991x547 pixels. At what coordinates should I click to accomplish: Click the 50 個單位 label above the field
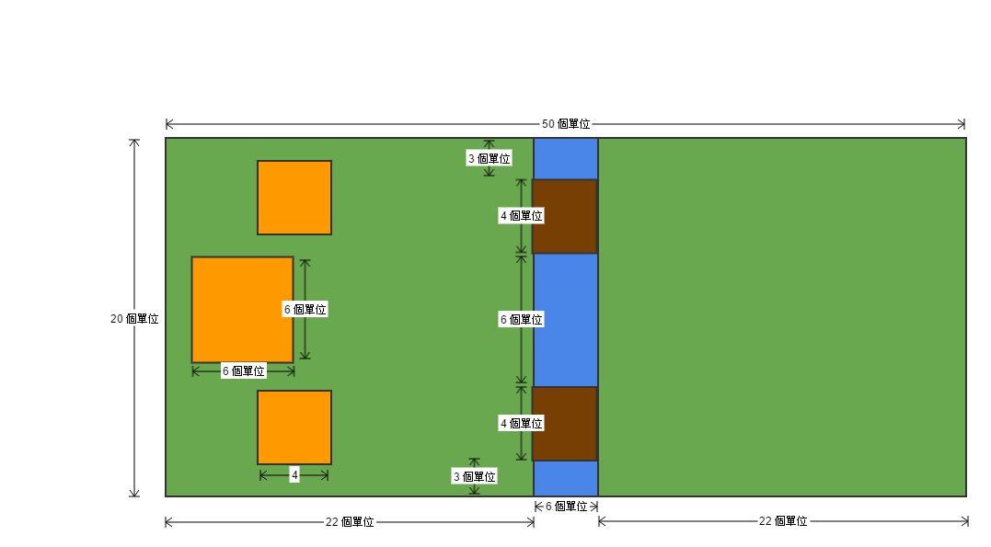[566, 124]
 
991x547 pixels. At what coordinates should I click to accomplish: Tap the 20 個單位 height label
[134, 319]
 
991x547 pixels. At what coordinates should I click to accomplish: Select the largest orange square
[242, 309]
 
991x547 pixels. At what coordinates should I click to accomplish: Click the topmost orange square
[294, 198]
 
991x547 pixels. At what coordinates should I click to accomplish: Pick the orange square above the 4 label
[294, 427]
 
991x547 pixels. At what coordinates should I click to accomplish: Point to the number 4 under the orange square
[294, 475]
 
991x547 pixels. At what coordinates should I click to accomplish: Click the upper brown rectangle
[565, 216]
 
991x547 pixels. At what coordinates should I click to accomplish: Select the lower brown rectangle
[565, 424]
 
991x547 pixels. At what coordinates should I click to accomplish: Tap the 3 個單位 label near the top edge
[489, 158]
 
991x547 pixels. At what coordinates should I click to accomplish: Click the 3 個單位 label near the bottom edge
[474, 476]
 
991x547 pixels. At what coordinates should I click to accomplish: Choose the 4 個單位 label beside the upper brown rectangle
[521, 216]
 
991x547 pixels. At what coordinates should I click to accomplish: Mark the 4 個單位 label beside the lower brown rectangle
[521, 424]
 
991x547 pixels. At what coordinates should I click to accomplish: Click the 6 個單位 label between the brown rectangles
[521, 320]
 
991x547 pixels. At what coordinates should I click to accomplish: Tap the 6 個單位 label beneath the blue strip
[567, 507]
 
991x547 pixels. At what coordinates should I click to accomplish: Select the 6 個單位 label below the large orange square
[244, 371]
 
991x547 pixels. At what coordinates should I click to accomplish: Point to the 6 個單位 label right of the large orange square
[305, 310]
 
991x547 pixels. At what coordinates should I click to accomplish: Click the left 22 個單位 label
[350, 522]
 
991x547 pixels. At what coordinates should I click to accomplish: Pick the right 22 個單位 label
[783, 521]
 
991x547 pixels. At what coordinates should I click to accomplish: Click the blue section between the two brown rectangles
[566, 320]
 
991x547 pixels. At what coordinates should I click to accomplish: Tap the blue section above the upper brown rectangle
[566, 158]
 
